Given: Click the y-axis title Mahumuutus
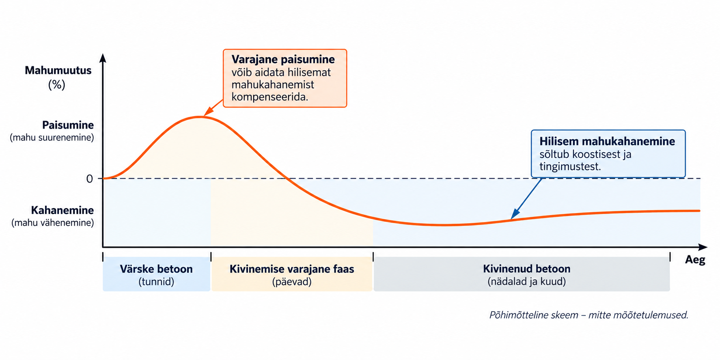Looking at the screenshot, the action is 58,70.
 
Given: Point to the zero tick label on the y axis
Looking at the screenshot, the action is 89,179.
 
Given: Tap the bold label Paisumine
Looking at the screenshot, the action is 68,125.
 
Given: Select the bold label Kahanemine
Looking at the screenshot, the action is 63,210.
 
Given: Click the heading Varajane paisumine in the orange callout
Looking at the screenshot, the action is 283,59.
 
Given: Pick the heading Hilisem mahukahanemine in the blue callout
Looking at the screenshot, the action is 607,141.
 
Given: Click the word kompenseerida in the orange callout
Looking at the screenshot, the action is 269,97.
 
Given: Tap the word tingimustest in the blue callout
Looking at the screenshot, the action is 570,166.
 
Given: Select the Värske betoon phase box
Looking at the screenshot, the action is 156,274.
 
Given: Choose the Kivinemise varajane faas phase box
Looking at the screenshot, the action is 292,274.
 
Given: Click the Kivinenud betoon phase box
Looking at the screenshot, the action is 522,274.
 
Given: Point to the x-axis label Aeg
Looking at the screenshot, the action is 695,260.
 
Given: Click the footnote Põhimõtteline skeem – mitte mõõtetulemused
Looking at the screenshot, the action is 589,315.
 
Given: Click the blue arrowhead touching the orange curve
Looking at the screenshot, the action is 515,214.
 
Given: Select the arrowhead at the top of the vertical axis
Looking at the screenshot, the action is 103,58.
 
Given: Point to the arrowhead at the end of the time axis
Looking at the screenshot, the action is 703,247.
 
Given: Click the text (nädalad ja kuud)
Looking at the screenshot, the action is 526,282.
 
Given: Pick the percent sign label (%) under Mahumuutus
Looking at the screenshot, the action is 57,84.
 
